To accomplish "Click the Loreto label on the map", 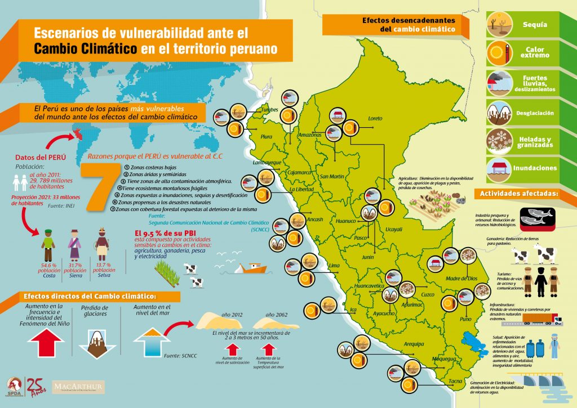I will coord(375,118).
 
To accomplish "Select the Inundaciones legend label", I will coord(535,168).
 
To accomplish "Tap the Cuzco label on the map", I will coord(428,294).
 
